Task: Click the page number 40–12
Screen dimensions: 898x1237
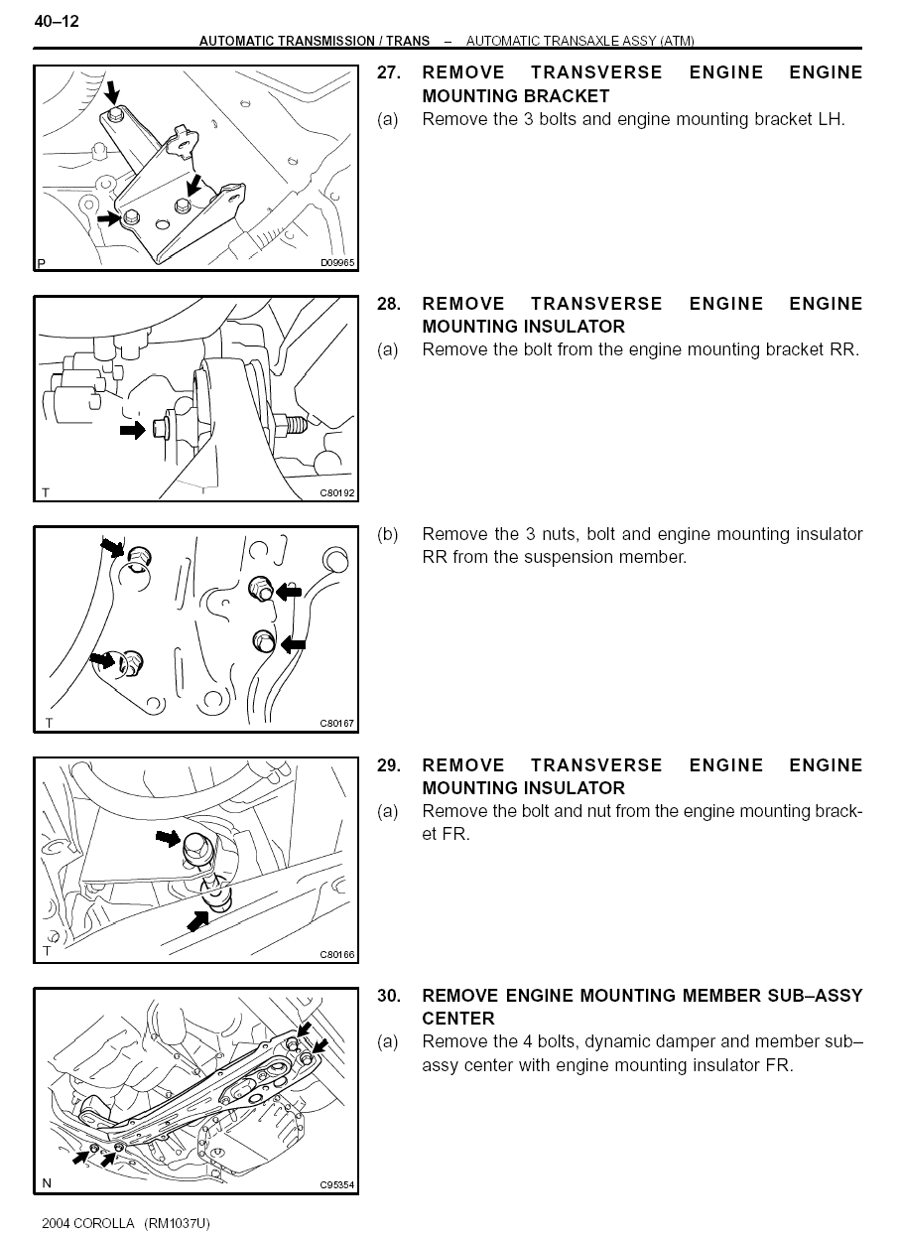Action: pyautogui.click(x=57, y=22)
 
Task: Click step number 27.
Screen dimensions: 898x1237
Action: pyautogui.click(x=389, y=72)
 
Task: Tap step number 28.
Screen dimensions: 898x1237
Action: pyautogui.click(x=389, y=303)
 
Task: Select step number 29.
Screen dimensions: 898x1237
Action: pyautogui.click(x=389, y=764)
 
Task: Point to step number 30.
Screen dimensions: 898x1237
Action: pyautogui.click(x=389, y=995)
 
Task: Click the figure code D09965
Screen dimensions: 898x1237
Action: pyautogui.click(x=337, y=263)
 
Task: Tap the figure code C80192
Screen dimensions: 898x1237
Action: pyautogui.click(x=337, y=493)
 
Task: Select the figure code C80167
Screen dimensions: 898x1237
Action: pyautogui.click(x=337, y=724)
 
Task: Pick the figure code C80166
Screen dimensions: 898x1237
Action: pyautogui.click(x=337, y=954)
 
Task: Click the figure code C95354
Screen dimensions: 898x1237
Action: pyautogui.click(x=337, y=1184)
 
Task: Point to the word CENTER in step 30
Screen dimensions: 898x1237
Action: pyautogui.click(x=458, y=1019)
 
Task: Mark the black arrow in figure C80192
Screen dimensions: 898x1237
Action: pyautogui.click(x=132, y=429)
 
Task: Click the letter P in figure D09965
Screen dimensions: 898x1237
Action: pyautogui.click(x=41, y=263)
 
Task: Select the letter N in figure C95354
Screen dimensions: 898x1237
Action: pyautogui.click(x=47, y=1182)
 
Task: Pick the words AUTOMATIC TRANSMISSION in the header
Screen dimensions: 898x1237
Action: pyautogui.click(x=287, y=41)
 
